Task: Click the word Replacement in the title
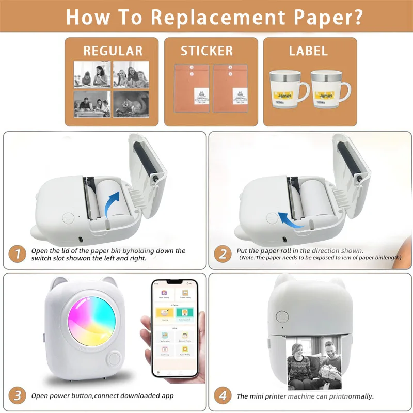(x=206, y=17)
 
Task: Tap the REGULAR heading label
(x=113, y=51)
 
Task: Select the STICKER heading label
(x=206, y=51)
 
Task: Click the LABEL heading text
(x=308, y=51)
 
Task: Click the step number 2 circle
(x=223, y=253)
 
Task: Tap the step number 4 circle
(x=223, y=396)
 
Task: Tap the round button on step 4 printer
(x=281, y=316)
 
